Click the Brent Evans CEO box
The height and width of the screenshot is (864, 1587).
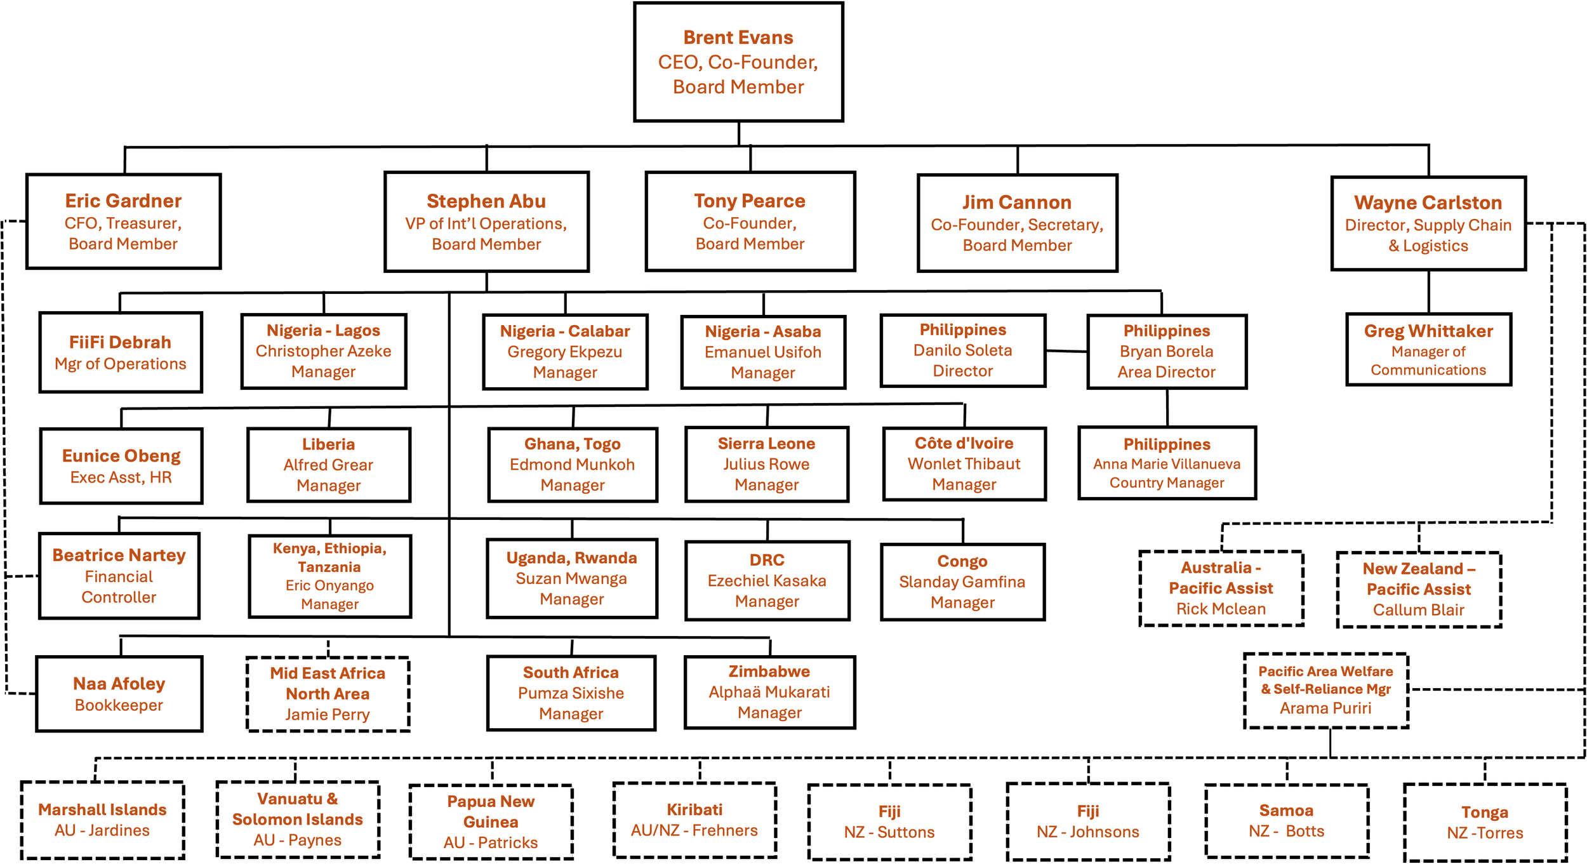tap(738, 62)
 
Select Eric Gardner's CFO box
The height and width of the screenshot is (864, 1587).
tap(123, 221)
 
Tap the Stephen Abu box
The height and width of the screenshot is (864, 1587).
tap(486, 222)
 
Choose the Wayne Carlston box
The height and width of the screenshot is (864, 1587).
tap(1428, 223)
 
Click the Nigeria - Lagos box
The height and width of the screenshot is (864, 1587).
tap(324, 351)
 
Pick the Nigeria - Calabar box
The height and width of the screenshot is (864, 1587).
tap(565, 352)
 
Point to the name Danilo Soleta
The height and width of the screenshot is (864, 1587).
tap(962, 350)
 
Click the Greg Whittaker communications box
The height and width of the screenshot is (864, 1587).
tap(1428, 349)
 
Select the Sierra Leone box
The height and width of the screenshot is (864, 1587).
tap(766, 464)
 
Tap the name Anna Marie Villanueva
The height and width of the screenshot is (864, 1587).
tap(1167, 464)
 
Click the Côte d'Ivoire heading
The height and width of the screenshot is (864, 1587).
tap(964, 443)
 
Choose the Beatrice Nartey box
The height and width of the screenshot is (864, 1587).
tap(119, 575)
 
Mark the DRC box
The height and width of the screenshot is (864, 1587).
tap(767, 580)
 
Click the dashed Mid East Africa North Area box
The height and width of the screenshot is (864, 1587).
tap(328, 694)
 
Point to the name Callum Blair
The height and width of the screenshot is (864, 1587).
tap(1419, 610)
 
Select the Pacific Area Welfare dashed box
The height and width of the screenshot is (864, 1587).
tap(1326, 690)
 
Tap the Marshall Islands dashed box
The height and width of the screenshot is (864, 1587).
tap(102, 820)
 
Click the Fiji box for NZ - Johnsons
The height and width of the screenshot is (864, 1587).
tap(1088, 821)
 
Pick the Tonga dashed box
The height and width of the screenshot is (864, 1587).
tap(1485, 822)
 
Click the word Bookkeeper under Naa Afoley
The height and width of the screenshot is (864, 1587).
tap(119, 705)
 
